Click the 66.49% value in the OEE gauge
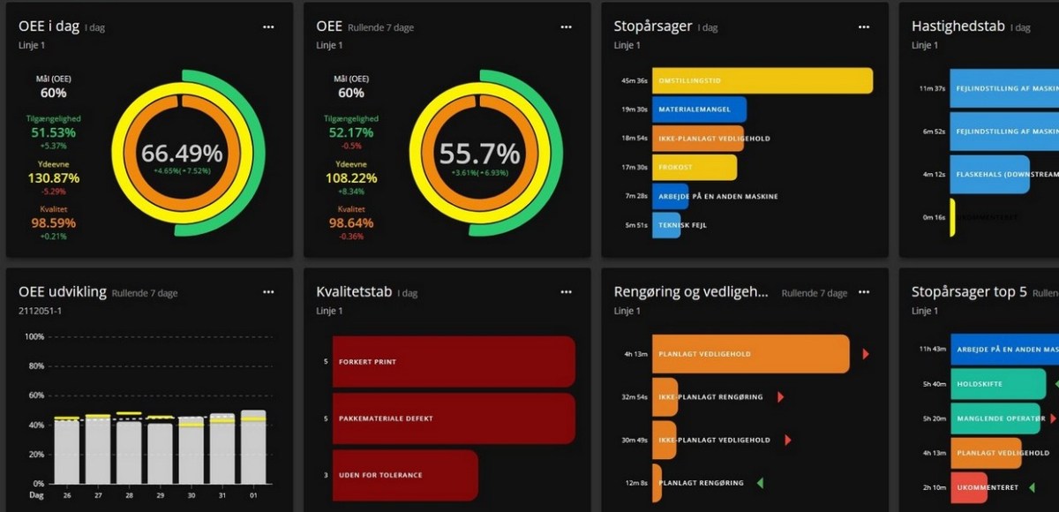point(182,153)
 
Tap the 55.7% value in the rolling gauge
point(479,153)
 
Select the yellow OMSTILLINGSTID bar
point(762,80)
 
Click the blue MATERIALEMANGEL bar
point(699,109)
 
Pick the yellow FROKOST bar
point(694,167)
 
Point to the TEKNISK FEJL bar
point(666,225)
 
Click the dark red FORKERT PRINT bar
point(453,361)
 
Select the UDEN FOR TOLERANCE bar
point(404,475)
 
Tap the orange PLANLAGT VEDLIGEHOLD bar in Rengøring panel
point(750,354)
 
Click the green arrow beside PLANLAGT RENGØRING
point(760,483)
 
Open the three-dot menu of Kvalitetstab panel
point(566,291)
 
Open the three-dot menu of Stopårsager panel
point(864,26)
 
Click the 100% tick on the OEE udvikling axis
point(34,337)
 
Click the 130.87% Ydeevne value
point(54,178)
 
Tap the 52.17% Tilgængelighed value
point(350,132)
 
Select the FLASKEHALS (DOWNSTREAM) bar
point(989,175)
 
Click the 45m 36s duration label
point(635,80)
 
